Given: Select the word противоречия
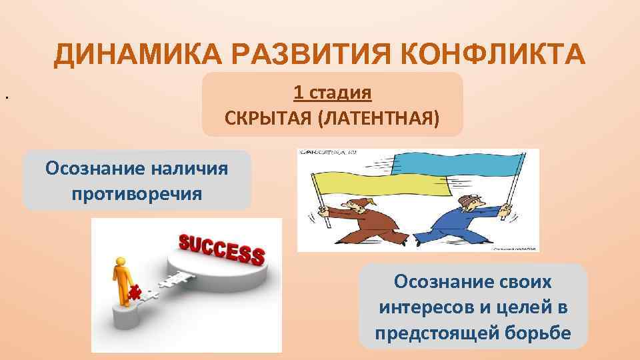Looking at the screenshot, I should [137, 194].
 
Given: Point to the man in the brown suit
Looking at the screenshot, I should [353, 220].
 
